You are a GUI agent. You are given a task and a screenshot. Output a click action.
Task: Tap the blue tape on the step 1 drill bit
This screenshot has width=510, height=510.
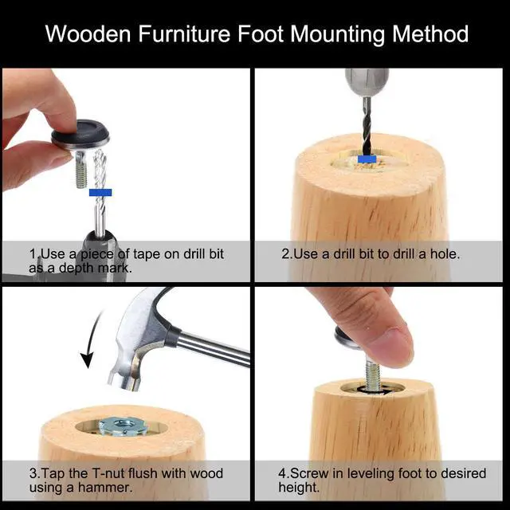[100, 192]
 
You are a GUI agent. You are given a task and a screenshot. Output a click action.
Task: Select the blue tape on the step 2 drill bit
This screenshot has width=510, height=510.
[367, 159]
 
